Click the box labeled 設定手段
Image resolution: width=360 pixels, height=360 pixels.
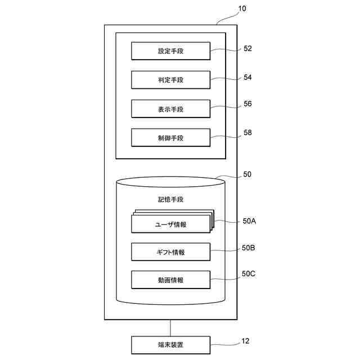(x=171, y=52)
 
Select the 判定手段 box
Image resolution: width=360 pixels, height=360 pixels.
(x=171, y=80)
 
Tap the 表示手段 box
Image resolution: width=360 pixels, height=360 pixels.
(x=171, y=109)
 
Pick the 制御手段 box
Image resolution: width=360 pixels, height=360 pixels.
(x=171, y=137)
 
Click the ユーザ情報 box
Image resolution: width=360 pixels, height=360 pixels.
(x=171, y=224)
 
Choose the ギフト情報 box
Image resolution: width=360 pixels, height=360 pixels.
(x=171, y=252)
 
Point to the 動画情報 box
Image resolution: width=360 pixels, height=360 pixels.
(x=171, y=280)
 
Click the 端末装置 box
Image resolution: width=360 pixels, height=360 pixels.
(x=171, y=344)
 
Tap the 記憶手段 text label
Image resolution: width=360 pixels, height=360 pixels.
(x=171, y=200)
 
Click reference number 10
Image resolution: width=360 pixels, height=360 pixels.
(x=242, y=9)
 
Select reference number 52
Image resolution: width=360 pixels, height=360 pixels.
(x=247, y=49)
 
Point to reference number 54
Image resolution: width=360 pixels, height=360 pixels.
(x=247, y=77)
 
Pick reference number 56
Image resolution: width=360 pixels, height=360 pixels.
(x=247, y=104)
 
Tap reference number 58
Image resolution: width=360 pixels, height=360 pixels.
(x=247, y=133)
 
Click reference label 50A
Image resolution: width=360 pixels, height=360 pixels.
(x=249, y=221)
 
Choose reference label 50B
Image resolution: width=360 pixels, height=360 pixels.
(x=249, y=247)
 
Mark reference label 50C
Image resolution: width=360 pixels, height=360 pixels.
(x=249, y=274)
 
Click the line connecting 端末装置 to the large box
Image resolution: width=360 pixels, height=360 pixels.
(x=171, y=328)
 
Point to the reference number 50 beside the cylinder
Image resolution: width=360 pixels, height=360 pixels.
(x=247, y=175)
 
